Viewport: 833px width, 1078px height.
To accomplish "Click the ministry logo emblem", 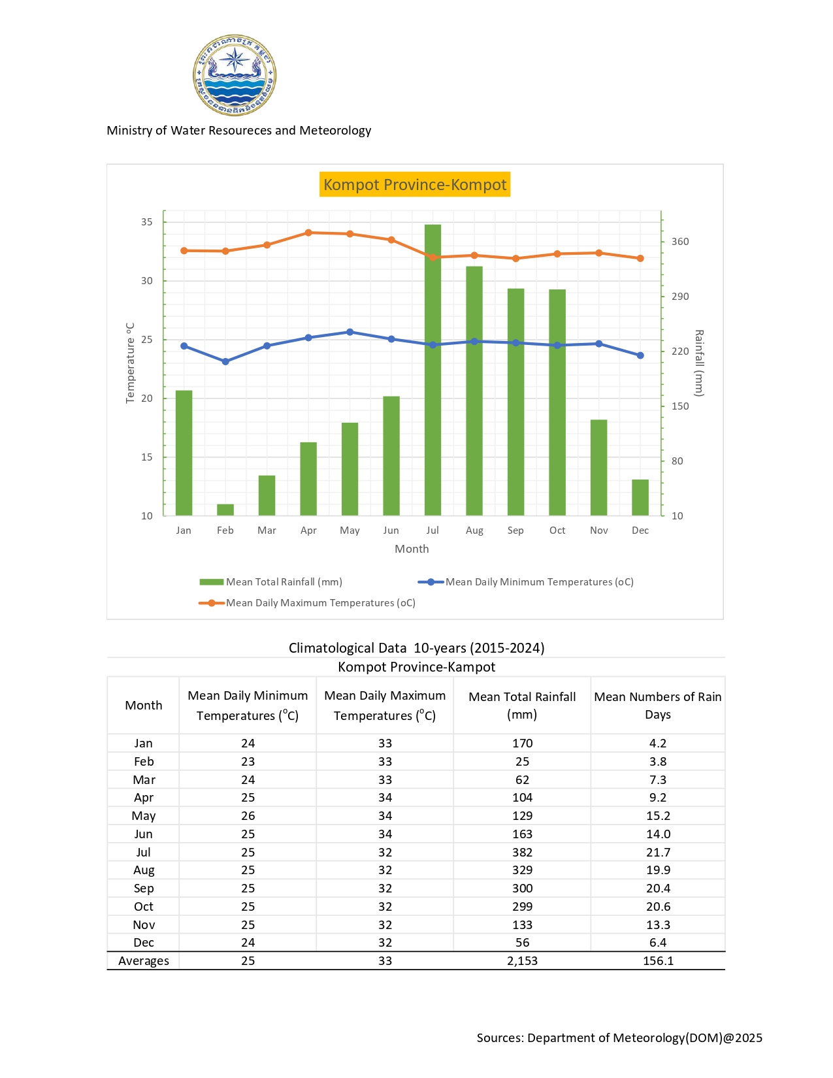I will pos(235,75).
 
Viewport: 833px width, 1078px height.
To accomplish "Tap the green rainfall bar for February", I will pos(225,510).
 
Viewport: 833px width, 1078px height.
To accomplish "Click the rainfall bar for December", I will pos(640,498).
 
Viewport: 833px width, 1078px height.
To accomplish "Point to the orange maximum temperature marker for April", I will pos(308,233).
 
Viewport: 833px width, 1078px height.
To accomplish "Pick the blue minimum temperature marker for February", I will pos(225,361).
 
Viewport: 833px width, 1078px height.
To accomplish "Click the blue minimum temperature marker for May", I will pos(350,332).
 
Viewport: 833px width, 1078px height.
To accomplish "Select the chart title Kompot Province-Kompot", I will pos(415,185).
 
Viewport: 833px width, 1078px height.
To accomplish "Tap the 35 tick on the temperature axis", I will pos(147,222).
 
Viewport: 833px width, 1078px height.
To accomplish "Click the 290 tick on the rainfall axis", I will pos(680,297).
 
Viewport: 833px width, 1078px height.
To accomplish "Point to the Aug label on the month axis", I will pos(474,531).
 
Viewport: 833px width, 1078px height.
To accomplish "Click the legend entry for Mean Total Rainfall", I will pos(271,582).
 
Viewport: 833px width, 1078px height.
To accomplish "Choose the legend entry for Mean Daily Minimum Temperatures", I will pos(526,582).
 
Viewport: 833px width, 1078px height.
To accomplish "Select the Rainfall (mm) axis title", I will pos(699,363).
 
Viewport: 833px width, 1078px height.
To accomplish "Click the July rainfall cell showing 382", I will pos(522,853).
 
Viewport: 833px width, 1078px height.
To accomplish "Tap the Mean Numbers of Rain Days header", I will pos(657,706).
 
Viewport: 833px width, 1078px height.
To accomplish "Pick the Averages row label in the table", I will pos(144,961).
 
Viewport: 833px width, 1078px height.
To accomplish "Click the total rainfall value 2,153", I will pos(522,961).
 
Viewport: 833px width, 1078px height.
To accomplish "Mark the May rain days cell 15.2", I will pos(657,816).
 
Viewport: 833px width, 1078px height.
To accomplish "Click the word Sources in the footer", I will pos(499,1038).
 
